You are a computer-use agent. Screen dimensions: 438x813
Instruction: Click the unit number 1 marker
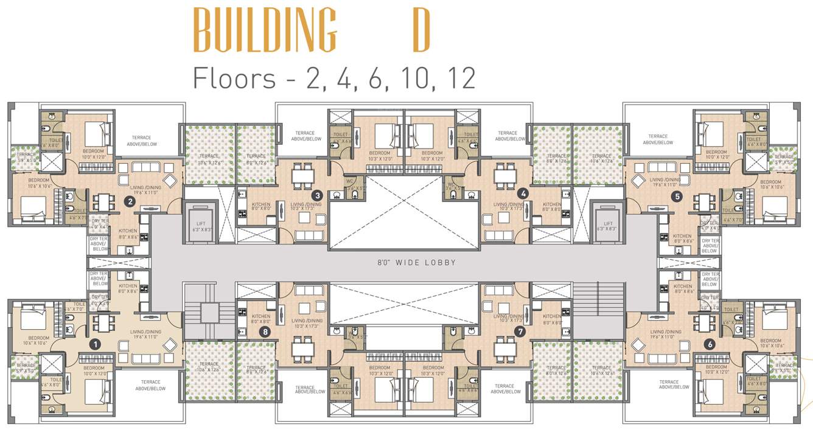pyautogui.click(x=94, y=344)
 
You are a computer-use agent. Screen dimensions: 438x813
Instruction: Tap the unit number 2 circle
pyautogui.click(x=129, y=200)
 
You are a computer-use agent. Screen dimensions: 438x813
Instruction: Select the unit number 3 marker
pyautogui.click(x=317, y=195)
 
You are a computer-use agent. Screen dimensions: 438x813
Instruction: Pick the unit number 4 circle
pyautogui.click(x=522, y=193)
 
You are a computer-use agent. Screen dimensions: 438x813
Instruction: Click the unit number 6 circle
pyautogui.click(x=709, y=344)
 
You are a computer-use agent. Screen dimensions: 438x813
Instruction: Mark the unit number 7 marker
pyautogui.click(x=519, y=332)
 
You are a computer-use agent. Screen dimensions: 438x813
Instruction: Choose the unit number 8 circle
pyautogui.click(x=264, y=332)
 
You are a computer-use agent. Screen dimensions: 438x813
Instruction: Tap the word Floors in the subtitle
pyautogui.click(x=234, y=78)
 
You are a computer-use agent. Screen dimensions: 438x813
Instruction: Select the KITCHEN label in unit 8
pyautogui.click(x=260, y=318)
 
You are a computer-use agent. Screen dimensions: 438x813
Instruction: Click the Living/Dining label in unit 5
pyautogui.click(x=665, y=182)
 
